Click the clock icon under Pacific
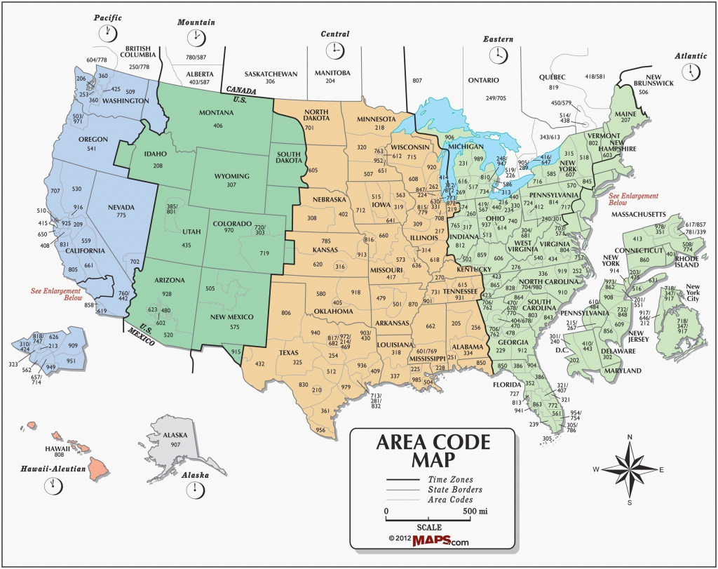109,32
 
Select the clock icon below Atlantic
693,71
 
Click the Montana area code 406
218,126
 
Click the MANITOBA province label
331,73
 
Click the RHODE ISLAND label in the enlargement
687,261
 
